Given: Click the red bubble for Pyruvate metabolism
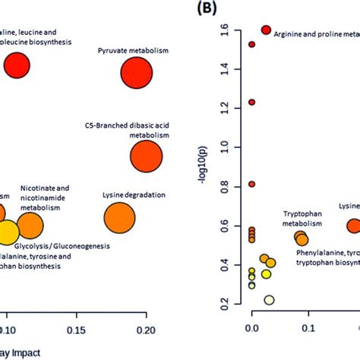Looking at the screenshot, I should point(137,74).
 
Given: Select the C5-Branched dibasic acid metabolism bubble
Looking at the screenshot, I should point(147,157).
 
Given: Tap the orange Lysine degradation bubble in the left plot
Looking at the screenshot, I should point(119,219).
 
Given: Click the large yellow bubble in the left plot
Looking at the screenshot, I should point(6,232).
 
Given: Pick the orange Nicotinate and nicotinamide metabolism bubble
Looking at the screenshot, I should point(30,226).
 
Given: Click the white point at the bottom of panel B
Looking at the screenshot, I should point(269,299).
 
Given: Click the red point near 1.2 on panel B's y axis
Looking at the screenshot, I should point(251,102).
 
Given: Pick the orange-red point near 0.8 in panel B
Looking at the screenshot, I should point(251,184).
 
